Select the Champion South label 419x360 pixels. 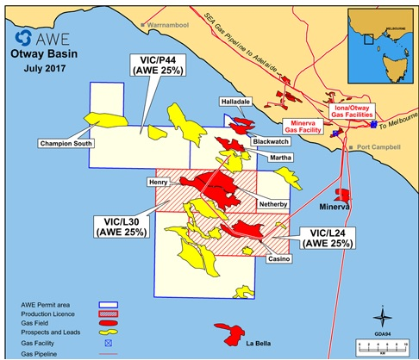[x=67, y=143]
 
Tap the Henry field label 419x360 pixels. [x=159, y=183]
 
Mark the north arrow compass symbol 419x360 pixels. [x=378, y=311]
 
